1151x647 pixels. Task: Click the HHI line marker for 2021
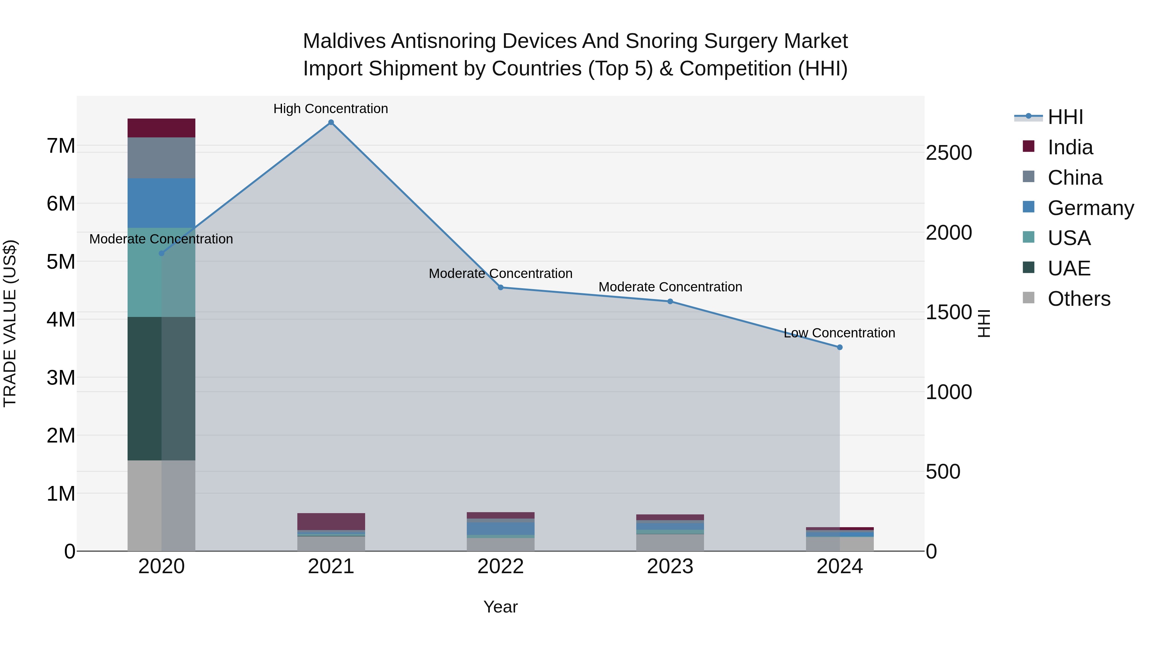(x=331, y=122)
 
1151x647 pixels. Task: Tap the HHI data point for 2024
(x=840, y=347)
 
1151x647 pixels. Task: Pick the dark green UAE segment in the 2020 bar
(x=161, y=389)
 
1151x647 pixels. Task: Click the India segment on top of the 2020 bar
(x=161, y=128)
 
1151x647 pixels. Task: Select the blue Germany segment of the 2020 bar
(x=161, y=203)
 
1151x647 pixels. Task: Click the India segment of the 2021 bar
(x=331, y=521)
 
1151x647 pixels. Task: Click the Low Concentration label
(x=839, y=333)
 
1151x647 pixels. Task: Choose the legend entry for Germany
(x=1090, y=208)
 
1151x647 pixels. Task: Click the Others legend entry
(x=1079, y=299)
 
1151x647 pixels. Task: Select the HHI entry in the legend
(x=1065, y=117)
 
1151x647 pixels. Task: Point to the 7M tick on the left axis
(x=61, y=146)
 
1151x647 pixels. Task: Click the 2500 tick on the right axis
(x=949, y=153)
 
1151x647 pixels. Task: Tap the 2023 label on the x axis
(x=670, y=566)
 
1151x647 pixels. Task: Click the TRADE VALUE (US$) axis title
(x=10, y=323)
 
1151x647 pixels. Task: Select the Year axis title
(x=500, y=607)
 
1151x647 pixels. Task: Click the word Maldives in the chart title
(x=344, y=41)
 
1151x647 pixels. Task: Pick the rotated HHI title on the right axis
(x=984, y=323)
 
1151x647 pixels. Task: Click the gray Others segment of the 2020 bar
(x=161, y=505)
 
